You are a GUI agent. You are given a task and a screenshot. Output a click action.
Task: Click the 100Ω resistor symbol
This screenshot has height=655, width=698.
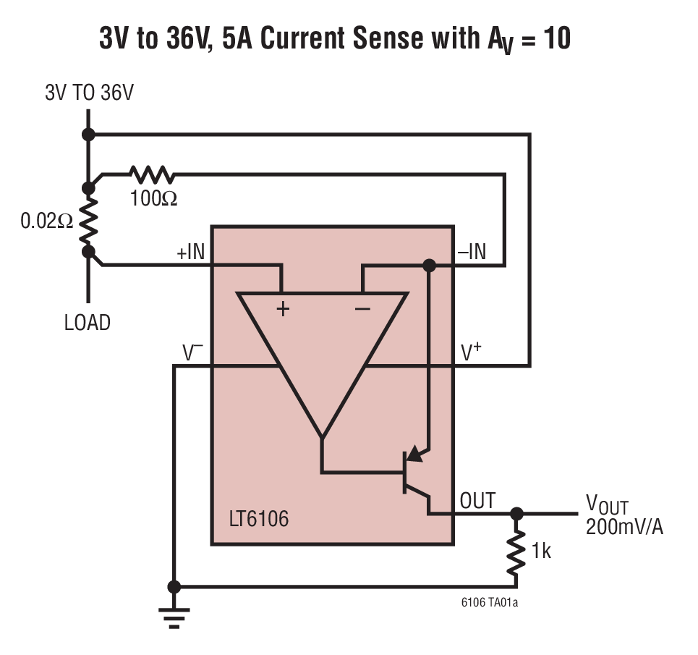pyautogui.click(x=152, y=174)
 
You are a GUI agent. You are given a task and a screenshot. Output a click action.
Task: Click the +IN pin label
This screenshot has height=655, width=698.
pyautogui.click(x=191, y=253)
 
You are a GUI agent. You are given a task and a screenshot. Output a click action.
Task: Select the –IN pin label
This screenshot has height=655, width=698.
pyautogui.click(x=472, y=252)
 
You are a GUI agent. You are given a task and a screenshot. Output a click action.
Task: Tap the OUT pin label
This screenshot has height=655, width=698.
pyautogui.click(x=477, y=500)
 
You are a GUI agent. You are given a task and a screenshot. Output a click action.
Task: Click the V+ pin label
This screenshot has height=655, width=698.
pyautogui.click(x=472, y=352)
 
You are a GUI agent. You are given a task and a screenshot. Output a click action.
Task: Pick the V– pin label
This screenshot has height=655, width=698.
pyautogui.click(x=192, y=352)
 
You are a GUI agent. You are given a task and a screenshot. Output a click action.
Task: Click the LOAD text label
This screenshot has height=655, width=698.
pyautogui.click(x=88, y=322)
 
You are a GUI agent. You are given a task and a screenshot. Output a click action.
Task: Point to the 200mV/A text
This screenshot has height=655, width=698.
pyautogui.click(x=624, y=527)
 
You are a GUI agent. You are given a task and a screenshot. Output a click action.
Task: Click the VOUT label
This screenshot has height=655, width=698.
pyautogui.click(x=606, y=505)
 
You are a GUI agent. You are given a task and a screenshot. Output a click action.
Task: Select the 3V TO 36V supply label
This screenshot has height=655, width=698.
pyautogui.click(x=89, y=93)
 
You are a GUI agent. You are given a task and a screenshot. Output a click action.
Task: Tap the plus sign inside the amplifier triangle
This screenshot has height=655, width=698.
pyautogui.click(x=283, y=309)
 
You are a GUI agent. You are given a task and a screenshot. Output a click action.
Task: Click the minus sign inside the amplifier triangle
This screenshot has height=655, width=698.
pyautogui.click(x=362, y=309)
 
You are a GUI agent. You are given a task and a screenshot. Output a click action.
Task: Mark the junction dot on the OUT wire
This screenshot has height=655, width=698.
pyautogui.click(x=516, y=514)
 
